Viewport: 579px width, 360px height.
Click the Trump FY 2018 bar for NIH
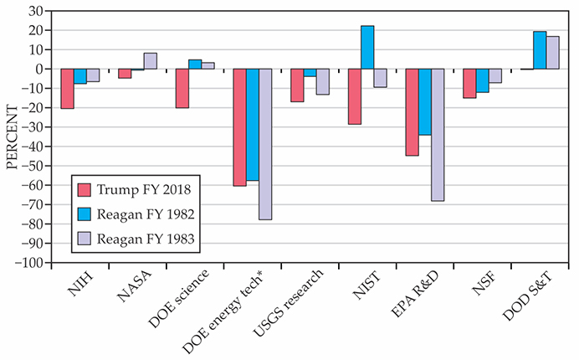click(x=68, y=88)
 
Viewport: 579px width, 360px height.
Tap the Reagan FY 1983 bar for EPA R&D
click(x=438, y=134)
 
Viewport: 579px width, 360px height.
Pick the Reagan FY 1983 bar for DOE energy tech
click(x=266, y=143)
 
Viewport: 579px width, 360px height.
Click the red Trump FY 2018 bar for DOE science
click(x=182, y=88)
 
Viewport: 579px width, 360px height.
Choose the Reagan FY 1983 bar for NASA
click(x=151, y=60)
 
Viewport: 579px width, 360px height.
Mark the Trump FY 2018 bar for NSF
click(x=470, y=83)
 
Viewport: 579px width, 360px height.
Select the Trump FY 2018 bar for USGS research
click(x=297, y=85)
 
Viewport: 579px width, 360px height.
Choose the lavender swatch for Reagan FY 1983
click(x=82, y=239)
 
